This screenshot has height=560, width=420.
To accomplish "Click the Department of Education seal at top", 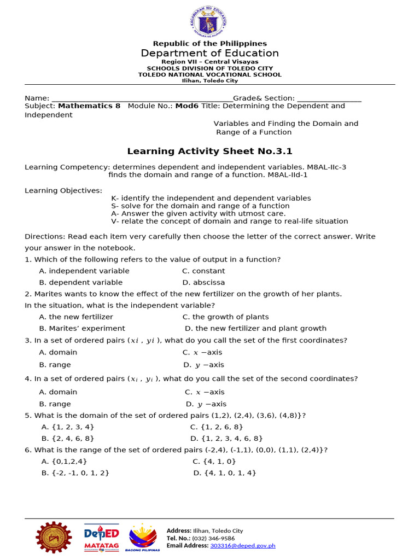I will pyautogui.click(x=209, y=21).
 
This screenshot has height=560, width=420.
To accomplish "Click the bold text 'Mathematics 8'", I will pyautogui.click(x=89, y=106).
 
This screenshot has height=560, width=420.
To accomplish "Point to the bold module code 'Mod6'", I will pyautogui.click(x=186, y=106).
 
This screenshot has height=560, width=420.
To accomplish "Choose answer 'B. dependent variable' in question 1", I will pyautogui.click(x=81, y=283).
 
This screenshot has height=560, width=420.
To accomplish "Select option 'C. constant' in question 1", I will pyautogui.click(x=203, y=271).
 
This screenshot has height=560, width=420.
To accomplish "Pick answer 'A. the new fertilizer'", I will pyautogui.click(x=76, y=317).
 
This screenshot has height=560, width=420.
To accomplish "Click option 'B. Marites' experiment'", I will pyautogui.click(x=82, y=329).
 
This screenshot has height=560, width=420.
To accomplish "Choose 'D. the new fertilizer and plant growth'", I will pyautogui.click(x=255, y=329).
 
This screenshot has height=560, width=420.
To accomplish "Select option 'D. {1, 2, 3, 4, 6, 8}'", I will pyautogui.click(x=226, y=439).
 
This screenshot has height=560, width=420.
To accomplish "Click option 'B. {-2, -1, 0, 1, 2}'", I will pyautogui.click(x=75, y=473).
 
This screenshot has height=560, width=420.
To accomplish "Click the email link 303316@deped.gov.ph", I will pyautogui.click(x=243, y=546).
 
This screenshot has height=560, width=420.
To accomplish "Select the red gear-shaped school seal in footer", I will pyautogui.click(x=54, y=538).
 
